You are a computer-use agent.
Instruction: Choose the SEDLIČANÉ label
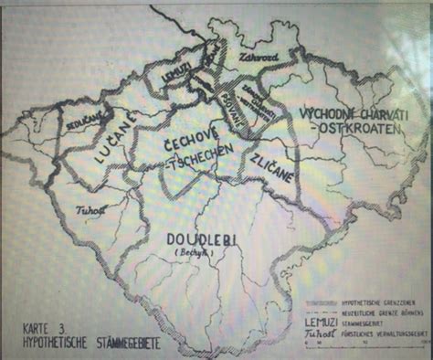pos(85,119)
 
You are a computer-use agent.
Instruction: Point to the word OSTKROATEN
pos(360,132)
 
